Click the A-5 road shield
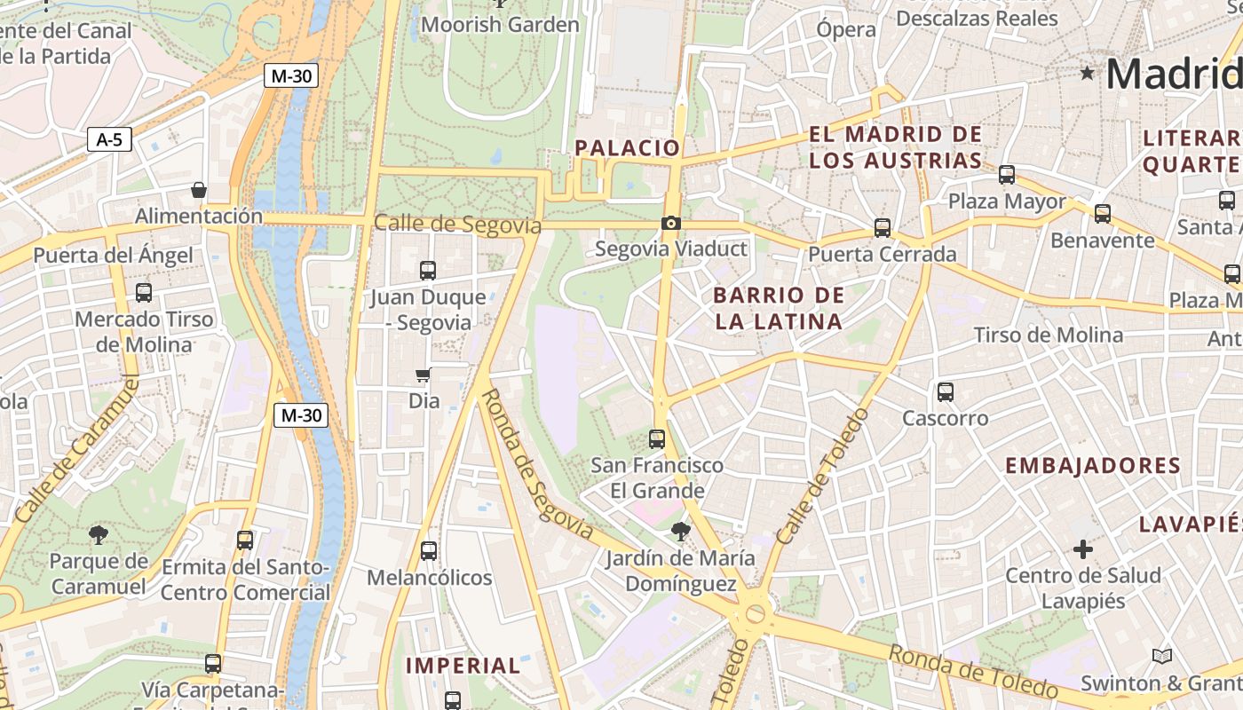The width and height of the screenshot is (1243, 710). tap(109, 139)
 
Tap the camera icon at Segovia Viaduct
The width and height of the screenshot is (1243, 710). tap(671, 223)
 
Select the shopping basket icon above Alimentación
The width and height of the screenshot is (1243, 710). tap(199, 190)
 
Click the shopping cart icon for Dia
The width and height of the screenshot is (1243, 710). tap(424, 375)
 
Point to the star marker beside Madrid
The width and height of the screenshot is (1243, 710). tap(1087, 73)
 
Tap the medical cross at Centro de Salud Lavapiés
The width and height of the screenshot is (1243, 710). tap(1082, 549)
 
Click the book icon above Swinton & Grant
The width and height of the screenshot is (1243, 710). tap(1161, 657)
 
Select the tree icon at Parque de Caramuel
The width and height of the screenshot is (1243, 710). tap(98, 534)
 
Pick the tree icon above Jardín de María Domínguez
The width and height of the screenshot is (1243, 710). tap(681, 532)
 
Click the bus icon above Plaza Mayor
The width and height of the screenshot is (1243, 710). tap(1006, 175)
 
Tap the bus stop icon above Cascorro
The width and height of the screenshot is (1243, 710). tap(945, 391)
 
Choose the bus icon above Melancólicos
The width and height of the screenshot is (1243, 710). tap(429, 551)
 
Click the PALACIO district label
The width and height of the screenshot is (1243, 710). tap(628, 148)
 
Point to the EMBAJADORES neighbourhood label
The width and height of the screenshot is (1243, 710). tap(1092, 466)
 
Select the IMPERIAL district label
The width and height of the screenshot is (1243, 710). tap(463, 666)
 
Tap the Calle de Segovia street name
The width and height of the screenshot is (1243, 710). tap(457, 224)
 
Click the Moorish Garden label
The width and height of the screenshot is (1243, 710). tap(500, 25)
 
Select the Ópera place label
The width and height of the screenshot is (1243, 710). tap(846, 29)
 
